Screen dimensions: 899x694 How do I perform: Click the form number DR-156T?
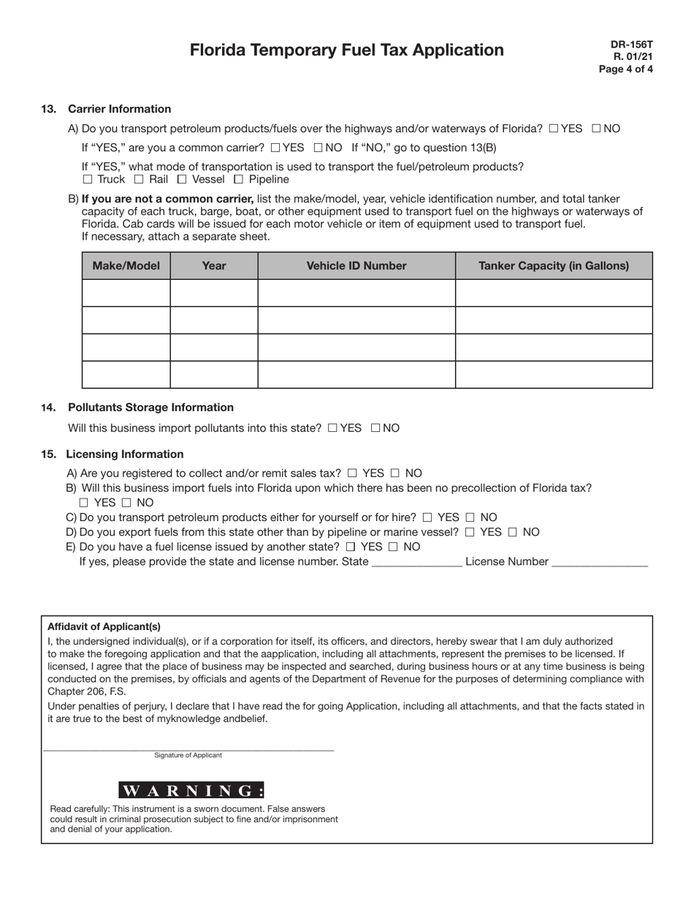(632, 44)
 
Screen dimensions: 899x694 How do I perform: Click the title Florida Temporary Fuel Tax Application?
(346, 50)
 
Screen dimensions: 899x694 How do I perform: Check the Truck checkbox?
(88, 180)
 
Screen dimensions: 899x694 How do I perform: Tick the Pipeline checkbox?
(238, 180)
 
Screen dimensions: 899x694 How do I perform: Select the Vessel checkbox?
(182, 180)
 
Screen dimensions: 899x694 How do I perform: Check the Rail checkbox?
(139, 180)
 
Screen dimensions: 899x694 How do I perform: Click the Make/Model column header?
(126, 266)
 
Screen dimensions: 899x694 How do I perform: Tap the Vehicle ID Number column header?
(356, 266)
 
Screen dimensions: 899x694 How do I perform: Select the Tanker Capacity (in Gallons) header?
(553, 266)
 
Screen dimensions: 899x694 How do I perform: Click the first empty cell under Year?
(213, 293)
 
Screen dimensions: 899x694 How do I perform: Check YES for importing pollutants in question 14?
(332, 428)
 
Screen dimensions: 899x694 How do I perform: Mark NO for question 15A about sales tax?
(395, 474)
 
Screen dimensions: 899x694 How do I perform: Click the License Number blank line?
(600, 563)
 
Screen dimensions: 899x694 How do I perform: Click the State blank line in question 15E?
(416, 563)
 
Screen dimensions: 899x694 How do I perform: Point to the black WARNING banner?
(191, 790)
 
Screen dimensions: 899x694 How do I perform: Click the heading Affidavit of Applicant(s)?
(104, 626)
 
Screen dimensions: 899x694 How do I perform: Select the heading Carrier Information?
(119, 109)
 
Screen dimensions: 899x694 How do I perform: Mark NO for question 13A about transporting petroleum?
(596, 129)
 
